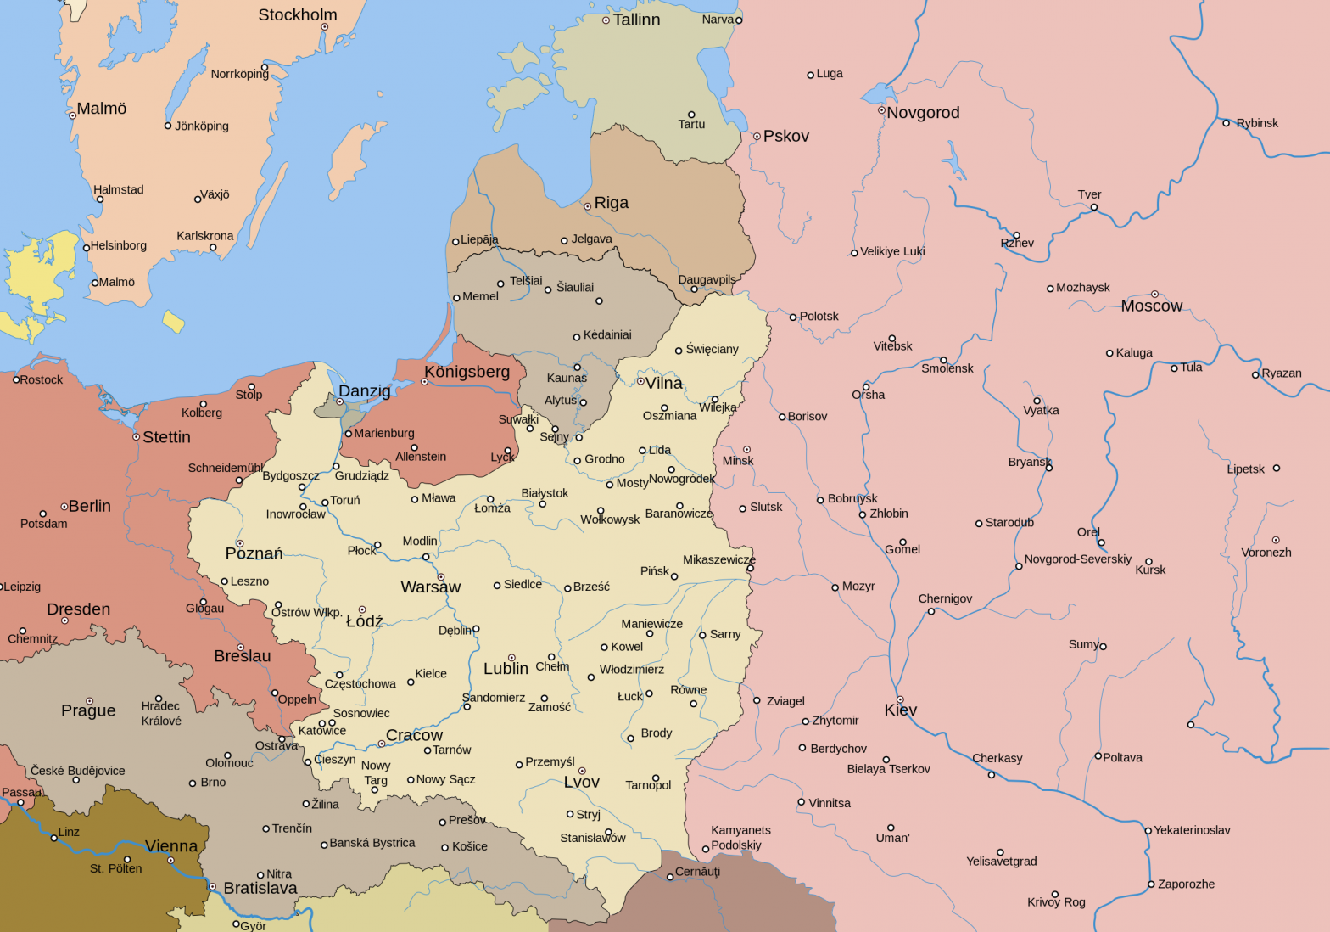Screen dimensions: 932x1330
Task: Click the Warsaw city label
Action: (x=430, y=587)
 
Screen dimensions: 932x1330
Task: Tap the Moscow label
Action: (x=1151, y=306)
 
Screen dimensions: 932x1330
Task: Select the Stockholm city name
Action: (x=297, y=15)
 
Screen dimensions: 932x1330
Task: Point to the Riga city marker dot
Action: (x=587, y=206)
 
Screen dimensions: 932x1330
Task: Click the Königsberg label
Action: (x=467, y=372)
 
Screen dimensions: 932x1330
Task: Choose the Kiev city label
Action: (x=900, y=710)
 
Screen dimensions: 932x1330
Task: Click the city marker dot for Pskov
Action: (x=757, y=137)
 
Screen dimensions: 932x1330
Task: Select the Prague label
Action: (x=88, y=711)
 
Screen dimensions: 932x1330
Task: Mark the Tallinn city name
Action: (x=636, y=20)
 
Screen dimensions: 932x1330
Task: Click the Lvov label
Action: (x=581, y=783)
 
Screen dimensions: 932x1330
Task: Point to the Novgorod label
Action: (x=923, y=113)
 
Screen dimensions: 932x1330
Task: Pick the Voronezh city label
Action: (x=1266, y=553)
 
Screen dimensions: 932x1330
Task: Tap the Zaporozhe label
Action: (x=1186, y=884)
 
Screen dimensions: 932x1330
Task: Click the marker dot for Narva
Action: (x=738, y=20)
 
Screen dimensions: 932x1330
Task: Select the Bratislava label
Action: (x=260, y=889)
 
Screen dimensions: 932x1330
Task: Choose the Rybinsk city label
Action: (x=1257, y=123)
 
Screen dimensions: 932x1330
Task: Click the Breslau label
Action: (x=242, y=657)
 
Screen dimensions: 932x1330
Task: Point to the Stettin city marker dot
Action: (x=136, y=437)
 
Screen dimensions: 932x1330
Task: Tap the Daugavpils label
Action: (x=707, y=279)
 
